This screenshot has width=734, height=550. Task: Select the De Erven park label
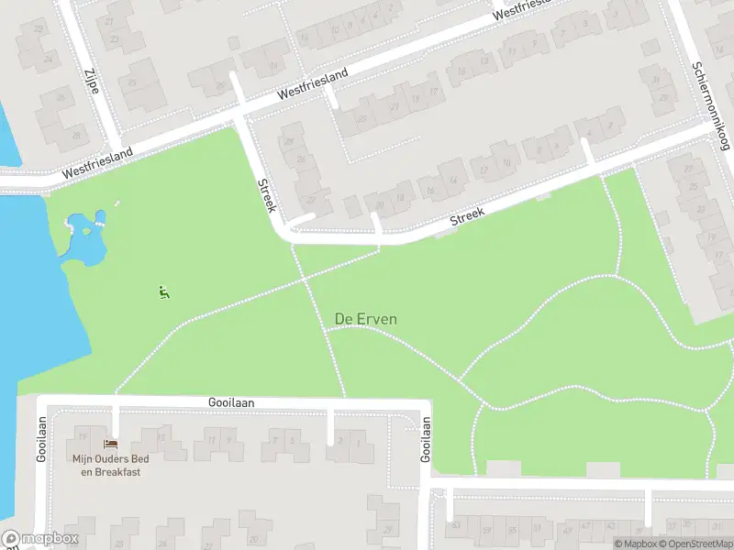(x=366, y=319)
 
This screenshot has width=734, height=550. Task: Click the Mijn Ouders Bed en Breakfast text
(x=107, y=466)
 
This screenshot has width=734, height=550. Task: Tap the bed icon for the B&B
(x=111, y=444)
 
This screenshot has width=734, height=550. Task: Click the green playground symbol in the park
(x=164, y=293)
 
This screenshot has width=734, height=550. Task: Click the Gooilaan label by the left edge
(x=41, y=440)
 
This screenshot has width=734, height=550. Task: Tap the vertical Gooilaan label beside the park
(x=426, y=440)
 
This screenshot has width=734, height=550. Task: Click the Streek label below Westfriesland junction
(x=264, y=194)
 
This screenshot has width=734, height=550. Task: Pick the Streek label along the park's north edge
(x=467, y=217)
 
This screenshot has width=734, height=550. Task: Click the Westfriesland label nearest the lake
(x=97, y=163)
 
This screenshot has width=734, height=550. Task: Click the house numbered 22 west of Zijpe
(x=39, y=28)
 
